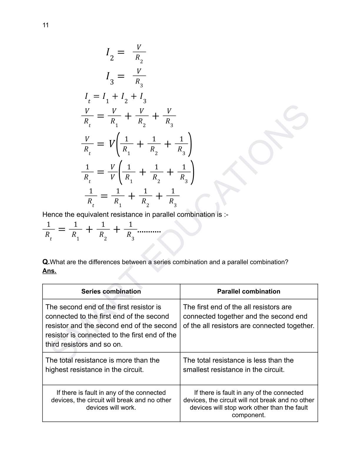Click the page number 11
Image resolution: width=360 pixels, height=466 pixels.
pyautogui.click(x=46, y=25)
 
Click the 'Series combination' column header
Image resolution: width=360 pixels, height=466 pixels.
pyautogui.click(x=111, y=292)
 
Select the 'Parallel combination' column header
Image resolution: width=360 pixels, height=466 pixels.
pyautogui.click(x=249, y=292)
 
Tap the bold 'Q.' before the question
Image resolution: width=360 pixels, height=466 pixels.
pyautogui.click(x=46, y=262)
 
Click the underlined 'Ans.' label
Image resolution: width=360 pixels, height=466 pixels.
pyautogui.click(x=49, y=271)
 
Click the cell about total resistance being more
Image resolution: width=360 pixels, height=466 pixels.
pyautogui.click(x=111, y=365)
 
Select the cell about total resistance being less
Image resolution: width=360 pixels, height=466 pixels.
pyautogui.click(x=249, y=365)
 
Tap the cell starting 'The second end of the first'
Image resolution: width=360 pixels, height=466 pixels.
pyautogui.click(x=111, y=325)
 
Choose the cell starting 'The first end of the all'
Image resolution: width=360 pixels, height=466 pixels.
pyautogui.click(x=249, y=316)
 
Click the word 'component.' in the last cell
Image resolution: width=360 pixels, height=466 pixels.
pyautogui.click(x=249, y=415)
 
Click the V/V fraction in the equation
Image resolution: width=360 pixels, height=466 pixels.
pyautogui.click(x=112, y=172)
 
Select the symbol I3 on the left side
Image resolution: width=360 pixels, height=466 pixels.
pyautogui.click(x=109, y=77)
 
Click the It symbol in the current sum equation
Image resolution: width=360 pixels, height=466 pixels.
pyautogui.click(x=87, y=97)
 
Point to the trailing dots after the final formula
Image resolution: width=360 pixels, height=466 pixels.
pyautogui.click(x=149, y=232)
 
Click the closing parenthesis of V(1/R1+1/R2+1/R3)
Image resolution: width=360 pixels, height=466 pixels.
pyautogui.click(x=190, y=144)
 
